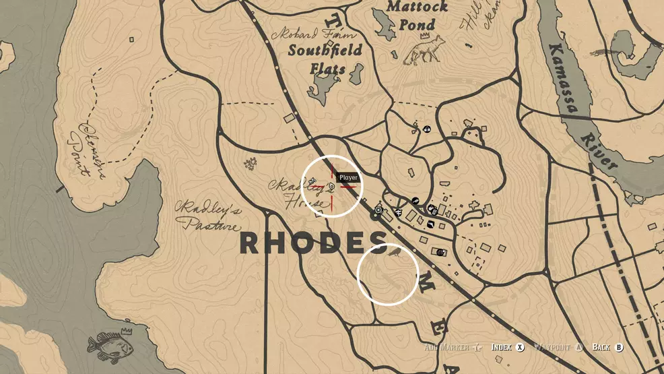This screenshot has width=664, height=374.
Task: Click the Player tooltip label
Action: click(348, 178)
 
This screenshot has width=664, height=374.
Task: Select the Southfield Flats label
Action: click(325, 59)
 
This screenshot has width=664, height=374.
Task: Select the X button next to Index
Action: click(521, 347)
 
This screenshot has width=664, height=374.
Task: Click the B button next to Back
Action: click(620, 347)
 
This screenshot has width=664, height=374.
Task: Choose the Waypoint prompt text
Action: click(552, 347)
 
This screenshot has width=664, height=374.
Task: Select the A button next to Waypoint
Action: click(578, 347)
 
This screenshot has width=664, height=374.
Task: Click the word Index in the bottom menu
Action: click(502, 347)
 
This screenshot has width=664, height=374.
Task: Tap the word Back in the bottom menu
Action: click(601, 347)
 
